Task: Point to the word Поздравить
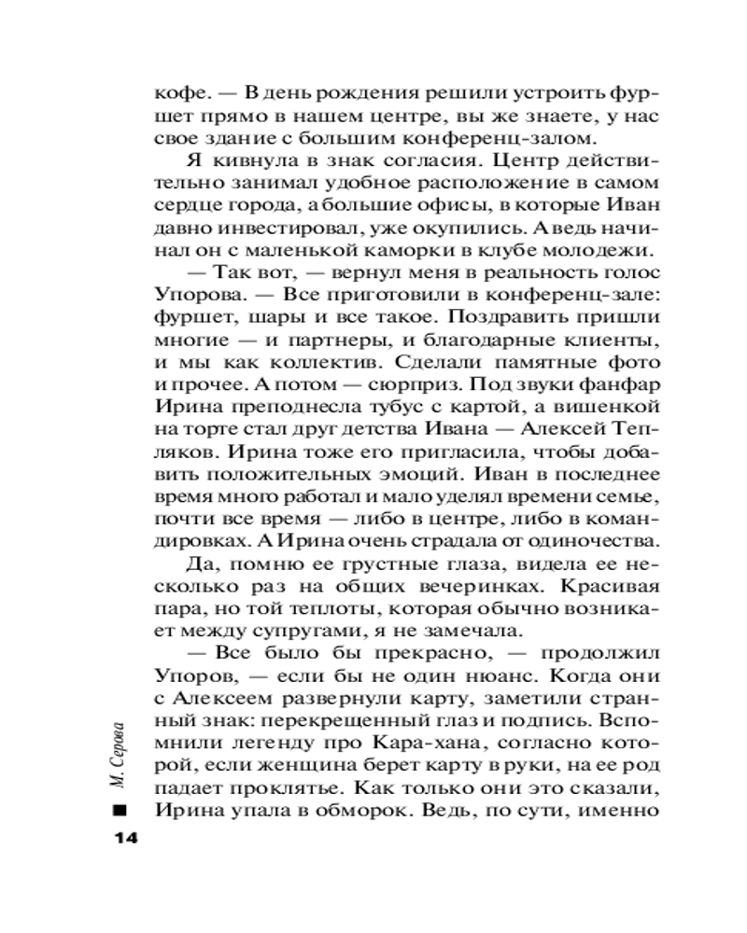point(519,317)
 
